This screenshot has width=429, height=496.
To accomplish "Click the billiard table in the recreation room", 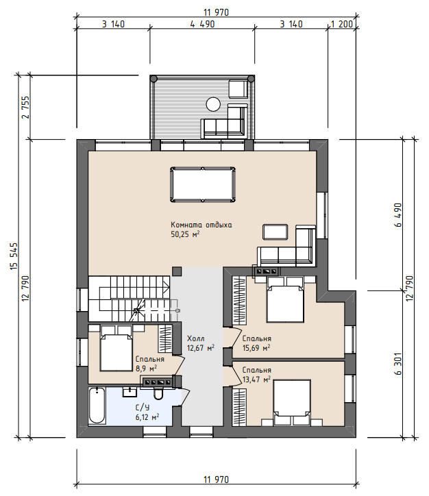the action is (x=203, y=184).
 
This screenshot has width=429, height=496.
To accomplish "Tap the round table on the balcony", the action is (x=213, y=103).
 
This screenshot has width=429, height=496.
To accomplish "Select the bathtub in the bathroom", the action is (x=97, y=405).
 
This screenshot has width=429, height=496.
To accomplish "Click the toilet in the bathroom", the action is (x=158, y=393).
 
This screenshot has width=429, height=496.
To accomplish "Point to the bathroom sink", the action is (x=130, y=392).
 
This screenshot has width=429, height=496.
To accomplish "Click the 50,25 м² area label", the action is (x=185, y=234).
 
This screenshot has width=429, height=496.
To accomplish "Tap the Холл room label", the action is (x=196, y=338).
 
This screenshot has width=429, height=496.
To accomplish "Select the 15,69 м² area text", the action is (x=256, y=348).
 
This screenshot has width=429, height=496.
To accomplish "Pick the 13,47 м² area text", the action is (x=256, y=380).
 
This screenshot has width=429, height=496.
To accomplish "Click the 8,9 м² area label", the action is (x=146, y=368).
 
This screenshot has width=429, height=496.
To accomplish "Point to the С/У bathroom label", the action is (x=143, y=408).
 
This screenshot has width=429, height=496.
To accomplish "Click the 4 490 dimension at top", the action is (x=202, y=24).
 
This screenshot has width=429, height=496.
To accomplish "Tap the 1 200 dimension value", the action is (x=341, y=24).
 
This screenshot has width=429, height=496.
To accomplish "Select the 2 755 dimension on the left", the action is (x=25, y=108).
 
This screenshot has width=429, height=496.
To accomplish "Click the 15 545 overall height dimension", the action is (x=14, y=256).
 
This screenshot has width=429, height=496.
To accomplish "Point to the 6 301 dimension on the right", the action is (x=398, y=364).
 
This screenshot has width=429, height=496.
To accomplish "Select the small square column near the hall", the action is (x=177, y=271).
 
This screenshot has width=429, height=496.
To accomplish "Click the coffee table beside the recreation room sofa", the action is (x=275, y=232).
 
